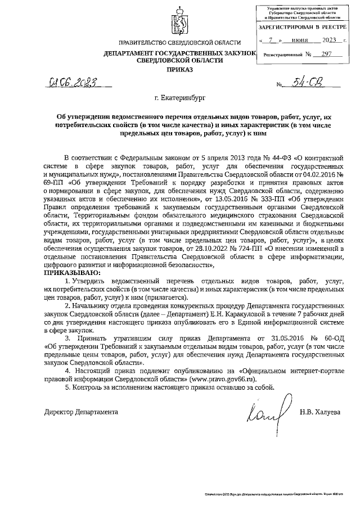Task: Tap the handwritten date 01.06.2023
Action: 71,84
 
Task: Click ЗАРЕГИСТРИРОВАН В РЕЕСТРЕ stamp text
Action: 300,27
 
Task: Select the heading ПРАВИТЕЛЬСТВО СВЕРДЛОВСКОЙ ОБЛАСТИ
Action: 179,44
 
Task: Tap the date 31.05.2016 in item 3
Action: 278,339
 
